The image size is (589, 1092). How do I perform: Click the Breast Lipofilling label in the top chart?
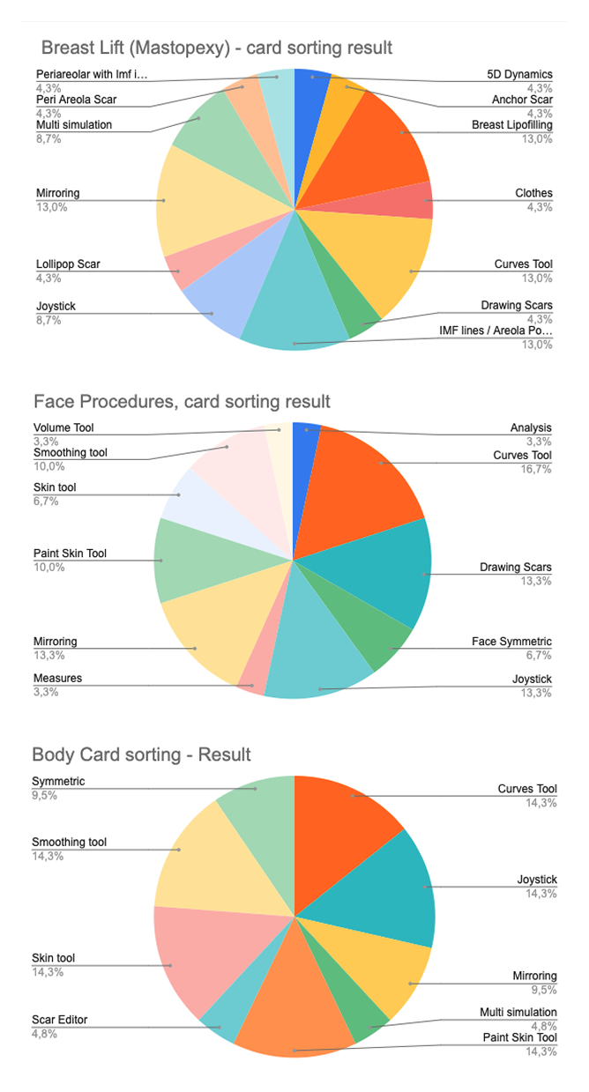(512, 125)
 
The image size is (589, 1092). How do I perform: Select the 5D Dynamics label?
(520, 75)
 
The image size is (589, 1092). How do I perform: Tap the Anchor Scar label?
(522, 100)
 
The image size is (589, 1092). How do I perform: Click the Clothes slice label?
(533, 193)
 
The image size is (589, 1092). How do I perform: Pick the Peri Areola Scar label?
(76, 100)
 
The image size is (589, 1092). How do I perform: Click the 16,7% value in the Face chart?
(537, 469)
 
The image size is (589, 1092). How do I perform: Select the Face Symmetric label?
(511, 642)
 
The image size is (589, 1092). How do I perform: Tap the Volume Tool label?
(63, 427)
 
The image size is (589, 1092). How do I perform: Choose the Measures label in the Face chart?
(57, 679)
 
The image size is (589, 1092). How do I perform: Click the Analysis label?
(531, 428)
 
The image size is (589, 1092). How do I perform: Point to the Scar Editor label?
(60, 1020)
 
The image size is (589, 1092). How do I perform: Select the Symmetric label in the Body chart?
(58, 782)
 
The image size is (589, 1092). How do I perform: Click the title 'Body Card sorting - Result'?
(141, 754)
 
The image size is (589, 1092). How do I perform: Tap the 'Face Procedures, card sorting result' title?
(182, 402)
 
